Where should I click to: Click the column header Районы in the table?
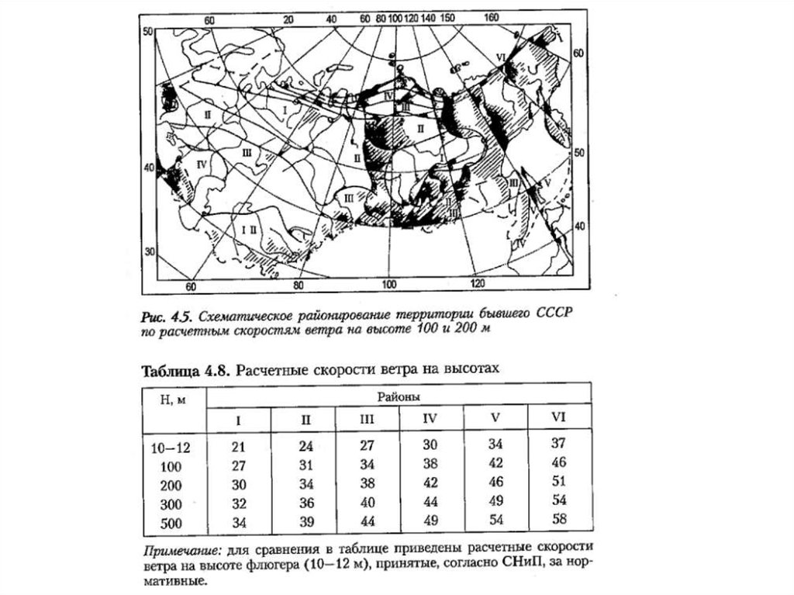(x=398, y=396)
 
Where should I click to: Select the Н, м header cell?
(x=173, y=400)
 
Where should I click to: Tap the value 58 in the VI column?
(x=558, y=517)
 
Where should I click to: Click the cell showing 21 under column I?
(x=239, y=448)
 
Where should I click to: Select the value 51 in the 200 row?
(x=558, y=480)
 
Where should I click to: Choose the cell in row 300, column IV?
(x=431, y=502)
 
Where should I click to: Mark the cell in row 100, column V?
(x=495, y=463)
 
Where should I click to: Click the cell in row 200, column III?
(x=368, y=483)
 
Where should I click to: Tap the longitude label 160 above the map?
(x=490, y=18)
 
